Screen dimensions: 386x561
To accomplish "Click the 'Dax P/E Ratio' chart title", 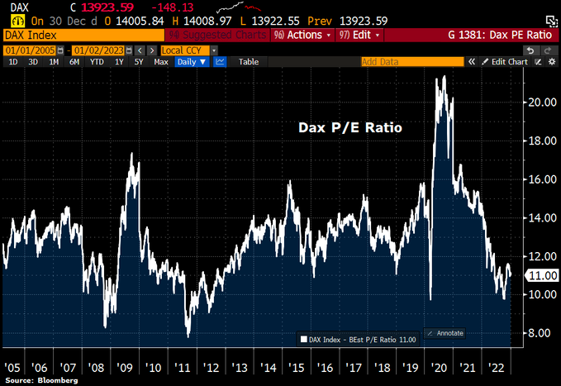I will pyautogui.click(x=349, y=129).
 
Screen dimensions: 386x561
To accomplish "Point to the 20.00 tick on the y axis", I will pyautogui.click(x=540, y=102).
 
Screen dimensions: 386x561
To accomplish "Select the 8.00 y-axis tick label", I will pyautogui.click(x=540, y=333).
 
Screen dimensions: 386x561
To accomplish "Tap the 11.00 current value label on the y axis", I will pyautogui.click(x=541, y=275).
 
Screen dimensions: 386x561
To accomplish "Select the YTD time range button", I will pyautogui.click(x=97, y=61).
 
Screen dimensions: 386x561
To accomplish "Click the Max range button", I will pyautogui.click(x=161, y=61).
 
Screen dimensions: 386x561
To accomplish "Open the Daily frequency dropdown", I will pyautogui.click(x=191, y=61).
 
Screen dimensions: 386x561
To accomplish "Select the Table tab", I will pyautogui.click(x=249, y=61).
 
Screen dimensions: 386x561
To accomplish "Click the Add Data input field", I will pyautogui.click(x=409, y=61).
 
